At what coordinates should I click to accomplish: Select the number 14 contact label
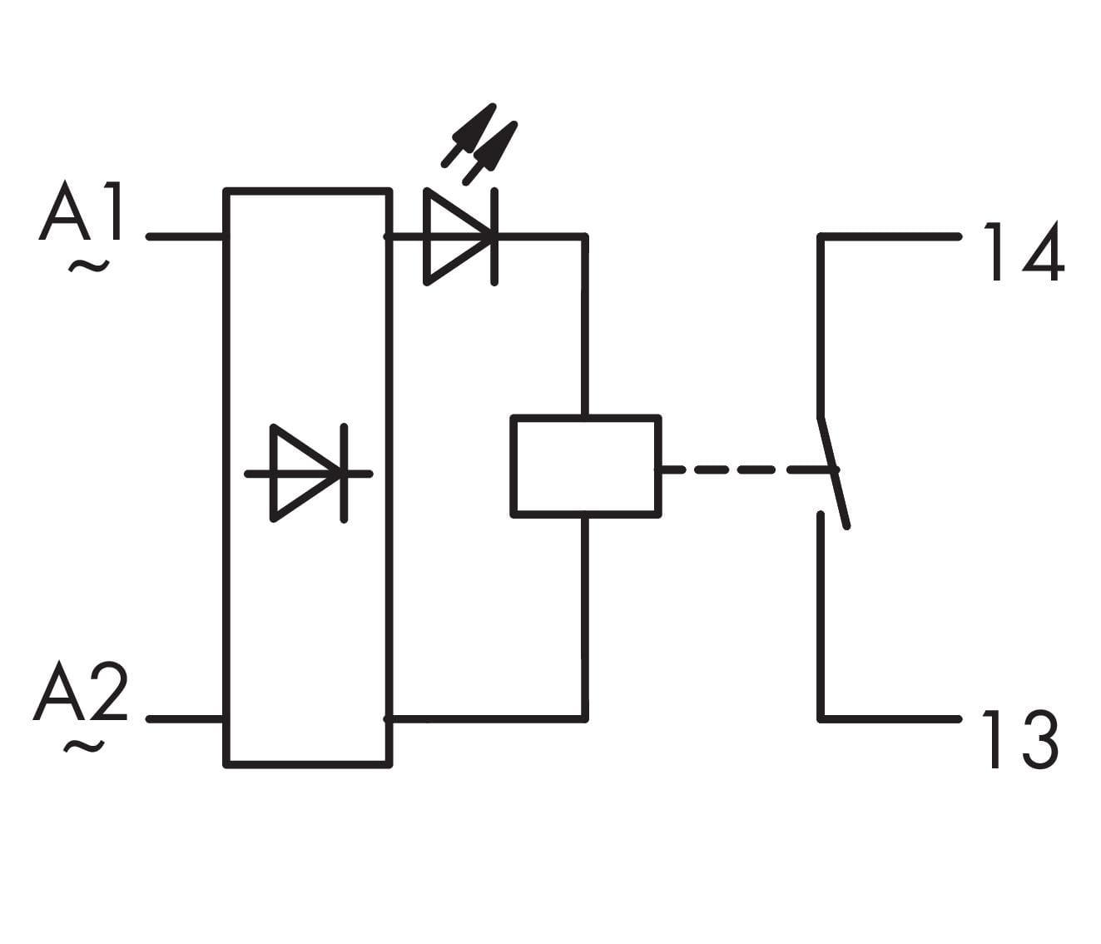point(1023,252)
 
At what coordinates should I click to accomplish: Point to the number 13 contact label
point(1020,739)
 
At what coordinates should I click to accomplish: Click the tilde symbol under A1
point(88,266)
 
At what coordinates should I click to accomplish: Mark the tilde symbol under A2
point(84,747)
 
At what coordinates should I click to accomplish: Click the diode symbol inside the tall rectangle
point(308,474)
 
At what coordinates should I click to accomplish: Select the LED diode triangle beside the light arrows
point(454,237)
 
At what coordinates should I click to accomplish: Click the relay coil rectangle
point(586,466)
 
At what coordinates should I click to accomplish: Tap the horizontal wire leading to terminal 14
point(890,237)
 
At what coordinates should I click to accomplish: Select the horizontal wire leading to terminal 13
point(890,718)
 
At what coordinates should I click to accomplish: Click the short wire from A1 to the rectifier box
point(186,237)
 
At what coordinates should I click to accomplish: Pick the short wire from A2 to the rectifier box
point(186,718)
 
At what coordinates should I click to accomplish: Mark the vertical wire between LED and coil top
point(585,325)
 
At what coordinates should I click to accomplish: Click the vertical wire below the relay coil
point(585,616)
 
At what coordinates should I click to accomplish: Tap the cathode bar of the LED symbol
point(494,237)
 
